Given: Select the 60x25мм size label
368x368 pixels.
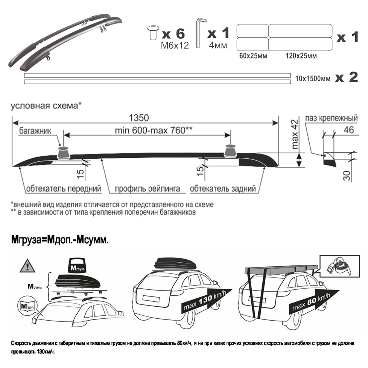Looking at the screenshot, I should (252, 56).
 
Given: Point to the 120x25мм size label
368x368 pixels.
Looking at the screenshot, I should (301, 56).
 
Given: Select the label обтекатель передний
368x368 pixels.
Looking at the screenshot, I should (63, 189).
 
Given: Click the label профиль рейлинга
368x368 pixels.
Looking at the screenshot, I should (148, 189).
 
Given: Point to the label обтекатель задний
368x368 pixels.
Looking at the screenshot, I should (223, 189).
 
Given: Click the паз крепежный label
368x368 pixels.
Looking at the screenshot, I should (331, 118).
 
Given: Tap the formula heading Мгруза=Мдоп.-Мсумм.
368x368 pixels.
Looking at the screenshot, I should (60, 239).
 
